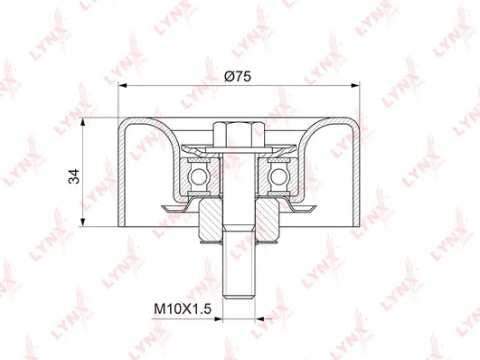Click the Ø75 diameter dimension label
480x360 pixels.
239,77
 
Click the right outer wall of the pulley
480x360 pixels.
357,172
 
